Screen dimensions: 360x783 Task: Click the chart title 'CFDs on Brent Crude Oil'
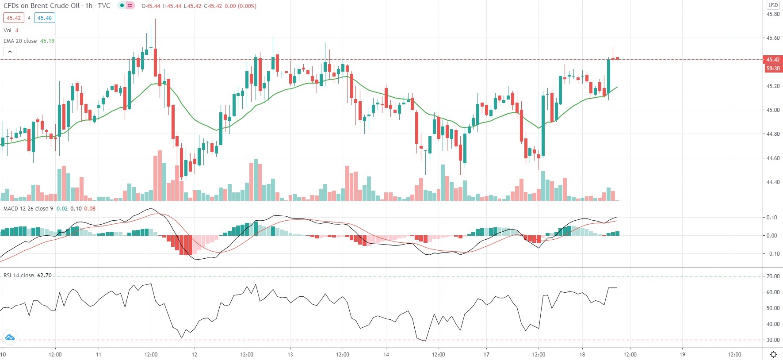pos(42,6)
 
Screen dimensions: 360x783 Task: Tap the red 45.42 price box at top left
pos(13,18)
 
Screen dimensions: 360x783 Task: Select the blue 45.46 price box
pos(44,18)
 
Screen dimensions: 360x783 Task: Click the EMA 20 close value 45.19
pos(47,41)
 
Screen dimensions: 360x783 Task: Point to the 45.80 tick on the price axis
pos(773,14)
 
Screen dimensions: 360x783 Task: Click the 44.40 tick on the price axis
pos(773,182)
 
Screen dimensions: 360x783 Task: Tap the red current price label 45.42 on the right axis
pos(773,60)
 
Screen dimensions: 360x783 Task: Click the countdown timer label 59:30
pos(773,69)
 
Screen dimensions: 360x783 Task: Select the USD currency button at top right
pos(773,5)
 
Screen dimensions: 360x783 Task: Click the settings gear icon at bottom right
pos(773,355)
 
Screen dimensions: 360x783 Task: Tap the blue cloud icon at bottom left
pos(10,338)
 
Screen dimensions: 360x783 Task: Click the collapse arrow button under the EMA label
pos(10,52)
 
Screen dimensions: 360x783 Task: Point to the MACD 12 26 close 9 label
pos(28,209)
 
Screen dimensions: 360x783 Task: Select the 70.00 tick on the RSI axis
pos(773,276)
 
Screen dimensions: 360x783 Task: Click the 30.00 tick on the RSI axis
pos(773,341)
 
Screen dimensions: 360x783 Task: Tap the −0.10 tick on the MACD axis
pos(772,254)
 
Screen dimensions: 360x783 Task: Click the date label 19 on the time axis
pos(682,355)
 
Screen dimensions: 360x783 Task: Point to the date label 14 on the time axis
pos(386,355)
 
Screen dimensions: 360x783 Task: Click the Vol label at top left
pos(8,31)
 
